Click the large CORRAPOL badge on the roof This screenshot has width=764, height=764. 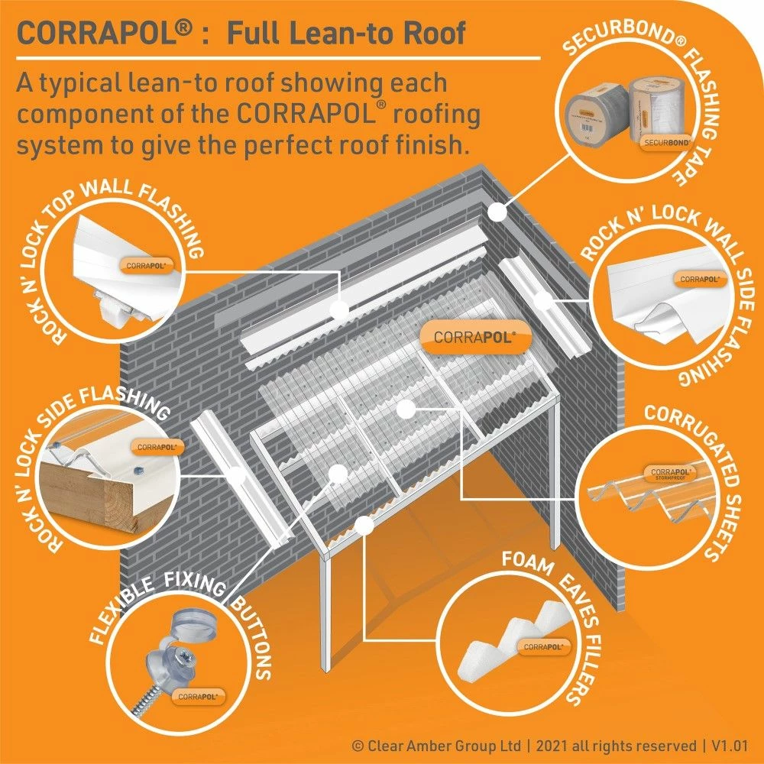pyautogui.click(x=471, y=337)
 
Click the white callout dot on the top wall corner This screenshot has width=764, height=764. pyautogui.click(x=497, y=208)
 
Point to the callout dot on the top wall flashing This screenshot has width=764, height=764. pyautogui.click(x=338, y=309)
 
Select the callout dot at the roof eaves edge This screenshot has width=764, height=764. pyautogui.click(x=365, y=524)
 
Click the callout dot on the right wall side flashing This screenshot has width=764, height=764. pyautogui.click(x=543, y=299)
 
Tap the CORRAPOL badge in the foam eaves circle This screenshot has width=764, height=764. pyautogui.click(x=547, y=646)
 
